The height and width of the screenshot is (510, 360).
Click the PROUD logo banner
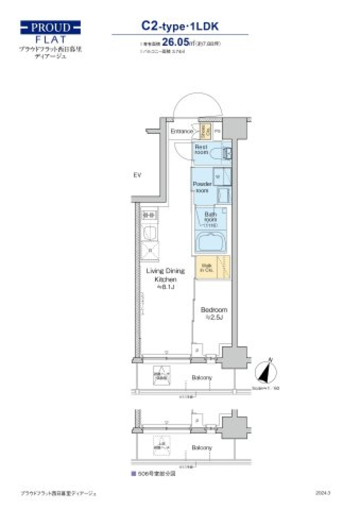pos(50,28)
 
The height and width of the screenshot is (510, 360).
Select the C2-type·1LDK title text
pos(180,26)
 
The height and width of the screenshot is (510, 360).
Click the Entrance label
pos(181,131)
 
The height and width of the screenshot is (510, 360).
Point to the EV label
pos(137,175)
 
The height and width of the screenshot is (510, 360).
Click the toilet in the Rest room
pos(216,154)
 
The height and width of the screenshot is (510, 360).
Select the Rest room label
pos(201,150)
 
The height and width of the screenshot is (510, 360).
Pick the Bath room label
pos(210,217)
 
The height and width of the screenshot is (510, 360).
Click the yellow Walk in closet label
pos(207,268)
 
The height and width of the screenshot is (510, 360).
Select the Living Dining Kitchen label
pos(165,275)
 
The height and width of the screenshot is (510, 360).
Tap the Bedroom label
pos(214,310)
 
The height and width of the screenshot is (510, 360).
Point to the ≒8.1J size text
pos(165,287)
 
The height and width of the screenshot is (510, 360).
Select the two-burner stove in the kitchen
pos(149,216)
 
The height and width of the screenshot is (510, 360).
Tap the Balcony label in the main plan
pos(202,378)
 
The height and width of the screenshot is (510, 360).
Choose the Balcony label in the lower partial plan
pos(202,448)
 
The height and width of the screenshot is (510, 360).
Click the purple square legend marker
pos(133,474)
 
